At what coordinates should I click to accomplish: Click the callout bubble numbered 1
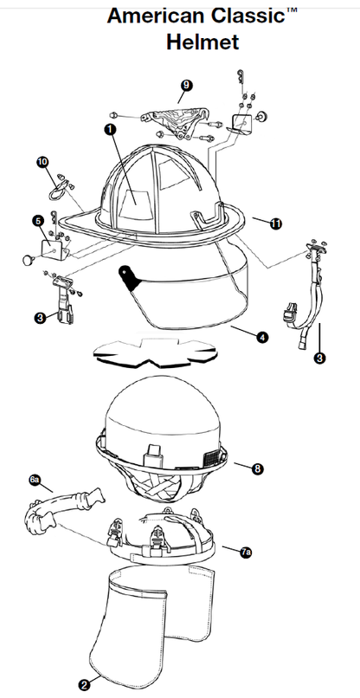click(110, 129)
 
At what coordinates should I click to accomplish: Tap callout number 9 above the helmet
click(186, 85)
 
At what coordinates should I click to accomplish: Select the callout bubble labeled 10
click(42, 163)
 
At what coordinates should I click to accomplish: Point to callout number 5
click(38, 221)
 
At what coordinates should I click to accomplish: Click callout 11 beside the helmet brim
click(276, 224)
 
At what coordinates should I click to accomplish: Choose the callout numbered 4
click(263, 337)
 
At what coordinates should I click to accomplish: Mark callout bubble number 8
click(257, 469)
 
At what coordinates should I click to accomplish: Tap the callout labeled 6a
click(35, 480)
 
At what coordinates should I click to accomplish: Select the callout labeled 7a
click(246, 553)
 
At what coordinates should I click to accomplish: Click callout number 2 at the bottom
click(85, 685)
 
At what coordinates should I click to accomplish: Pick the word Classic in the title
click(247, 16)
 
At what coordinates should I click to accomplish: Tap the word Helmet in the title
click(202, 42)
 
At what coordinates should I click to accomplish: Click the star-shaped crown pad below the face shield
click(155, 353)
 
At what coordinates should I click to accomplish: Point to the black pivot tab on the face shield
click(128, 277)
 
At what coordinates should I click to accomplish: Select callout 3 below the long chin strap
click(319, 358)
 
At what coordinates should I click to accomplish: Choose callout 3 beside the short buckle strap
click(41, 318)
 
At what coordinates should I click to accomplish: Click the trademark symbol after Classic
click(292, 10)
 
